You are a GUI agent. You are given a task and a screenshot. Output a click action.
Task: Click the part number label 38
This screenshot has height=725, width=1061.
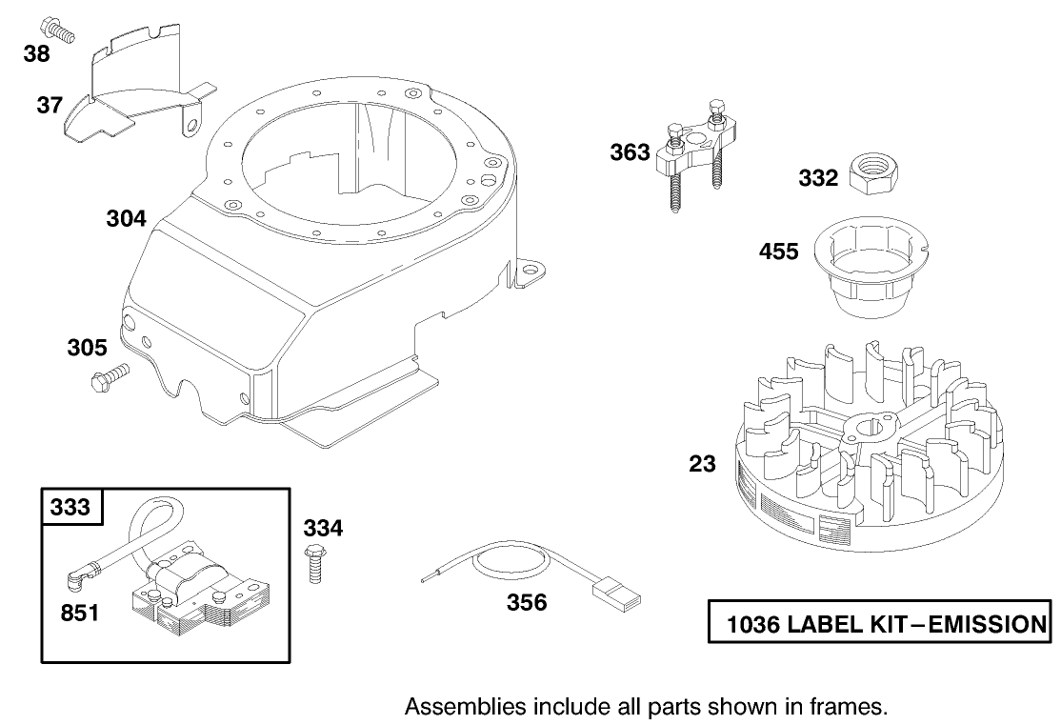tap(37, 54)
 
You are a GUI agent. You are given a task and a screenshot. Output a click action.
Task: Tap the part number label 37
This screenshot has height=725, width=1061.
tap(50, 105)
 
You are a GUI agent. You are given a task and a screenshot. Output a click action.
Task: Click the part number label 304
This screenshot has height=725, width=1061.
tap(126, 219)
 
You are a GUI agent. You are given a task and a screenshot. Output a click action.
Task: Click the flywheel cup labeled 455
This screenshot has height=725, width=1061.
tap(870, 267)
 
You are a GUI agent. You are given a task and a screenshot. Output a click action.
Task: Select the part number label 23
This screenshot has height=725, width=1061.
tap(702, 464)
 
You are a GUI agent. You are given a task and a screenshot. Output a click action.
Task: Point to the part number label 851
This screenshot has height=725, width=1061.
tap(80, 613)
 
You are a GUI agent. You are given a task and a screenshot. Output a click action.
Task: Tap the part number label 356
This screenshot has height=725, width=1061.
tap(527, 602)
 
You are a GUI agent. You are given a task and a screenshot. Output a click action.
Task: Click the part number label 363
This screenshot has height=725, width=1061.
tap(631, 152)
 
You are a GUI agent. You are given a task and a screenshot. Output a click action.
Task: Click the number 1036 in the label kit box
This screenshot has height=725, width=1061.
tap(752, 625)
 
